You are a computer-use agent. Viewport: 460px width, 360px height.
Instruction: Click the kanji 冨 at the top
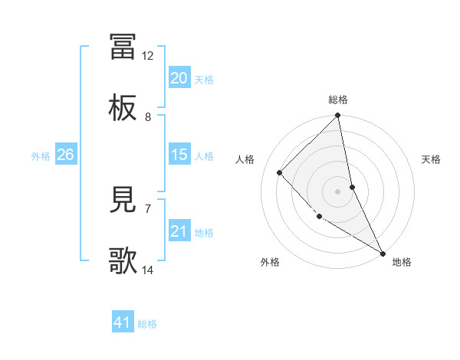[123, 46]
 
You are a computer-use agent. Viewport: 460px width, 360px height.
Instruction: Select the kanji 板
[123, 110]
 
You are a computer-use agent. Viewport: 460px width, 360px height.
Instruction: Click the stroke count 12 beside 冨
[148, 56]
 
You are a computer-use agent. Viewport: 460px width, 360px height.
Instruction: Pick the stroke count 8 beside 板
[148, 117]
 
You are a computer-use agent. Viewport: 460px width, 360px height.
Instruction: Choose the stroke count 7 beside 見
[148, 208]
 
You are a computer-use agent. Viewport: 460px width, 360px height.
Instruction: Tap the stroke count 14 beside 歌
[148, 270]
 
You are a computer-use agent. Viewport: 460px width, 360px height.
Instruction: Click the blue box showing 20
[179, 78]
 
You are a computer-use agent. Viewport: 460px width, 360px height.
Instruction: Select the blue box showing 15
[179, 155]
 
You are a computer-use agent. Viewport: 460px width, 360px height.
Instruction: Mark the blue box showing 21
[179, 231]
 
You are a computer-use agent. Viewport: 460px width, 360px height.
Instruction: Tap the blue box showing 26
[65, 155]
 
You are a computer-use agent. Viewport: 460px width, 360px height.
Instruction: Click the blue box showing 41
[123, 323]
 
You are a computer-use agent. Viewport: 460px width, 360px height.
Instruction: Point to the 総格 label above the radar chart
[338, 100]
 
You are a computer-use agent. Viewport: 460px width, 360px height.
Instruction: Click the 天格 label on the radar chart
[431, 159]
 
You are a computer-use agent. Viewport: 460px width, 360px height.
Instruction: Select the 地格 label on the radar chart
[402, 262]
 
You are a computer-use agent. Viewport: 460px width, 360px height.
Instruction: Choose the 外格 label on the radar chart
[270, 262]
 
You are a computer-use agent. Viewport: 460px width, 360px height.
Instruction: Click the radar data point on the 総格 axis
[338, 116]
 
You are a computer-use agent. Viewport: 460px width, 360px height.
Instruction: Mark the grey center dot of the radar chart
[338, 191]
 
